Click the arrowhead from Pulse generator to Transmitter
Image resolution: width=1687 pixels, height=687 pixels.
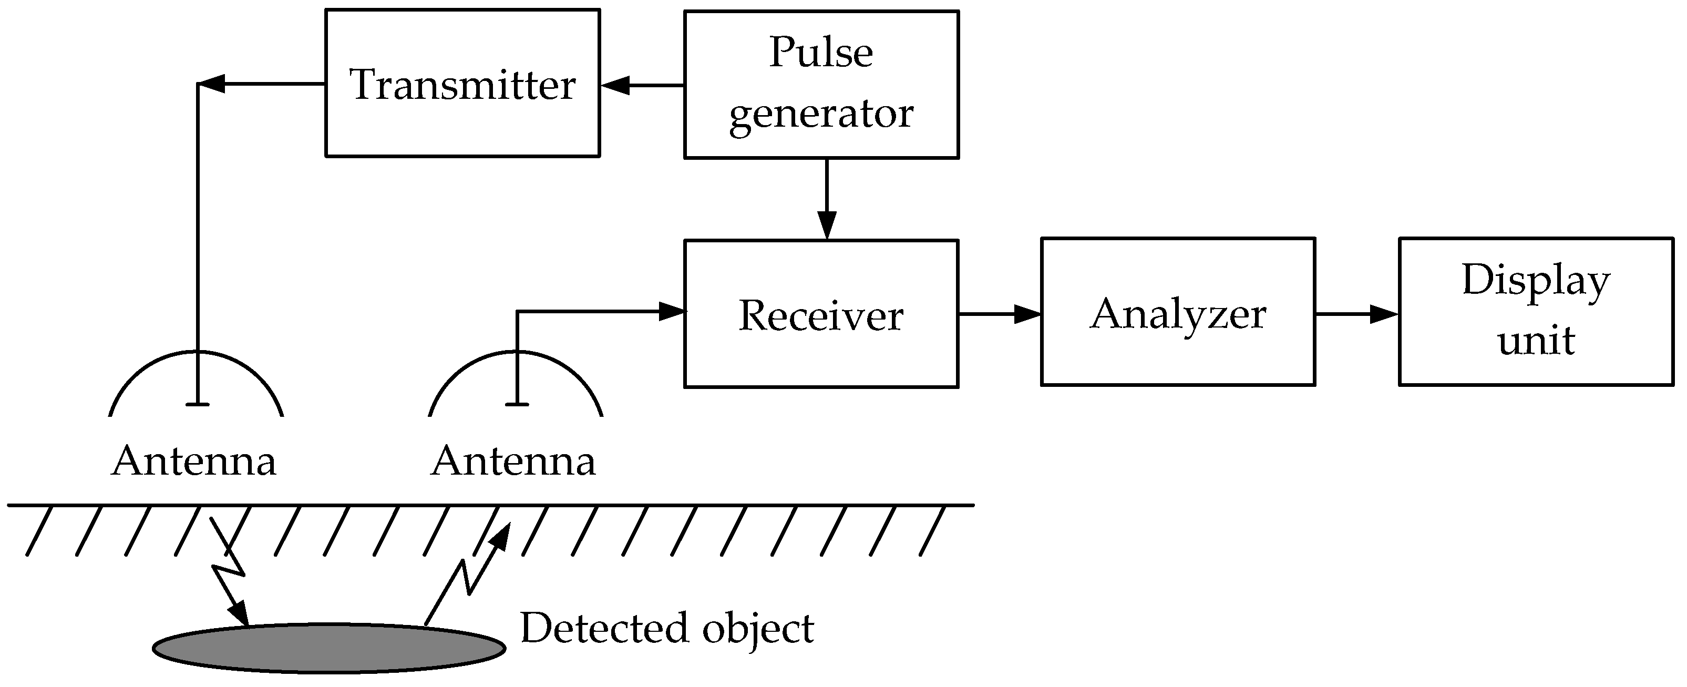(x=615, y=85)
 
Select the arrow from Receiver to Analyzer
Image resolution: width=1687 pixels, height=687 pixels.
(x=1000, y=314)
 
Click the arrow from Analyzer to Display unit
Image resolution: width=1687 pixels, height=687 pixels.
(x=1357, y=314)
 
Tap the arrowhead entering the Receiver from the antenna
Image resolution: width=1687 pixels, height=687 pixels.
(x=671, y=312)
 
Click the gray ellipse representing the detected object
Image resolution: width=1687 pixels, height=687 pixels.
(x=329, y=648)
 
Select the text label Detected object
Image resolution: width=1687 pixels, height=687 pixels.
(x=667, y=628)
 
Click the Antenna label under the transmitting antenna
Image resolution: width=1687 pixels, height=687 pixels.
(x=194, y=461)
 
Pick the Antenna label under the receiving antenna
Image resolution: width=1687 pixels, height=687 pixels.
(x=513, y=461)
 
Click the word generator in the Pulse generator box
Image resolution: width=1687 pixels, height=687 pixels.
(x=821, y=115)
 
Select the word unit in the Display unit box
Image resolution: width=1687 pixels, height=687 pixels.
(x=1536, y=341)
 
